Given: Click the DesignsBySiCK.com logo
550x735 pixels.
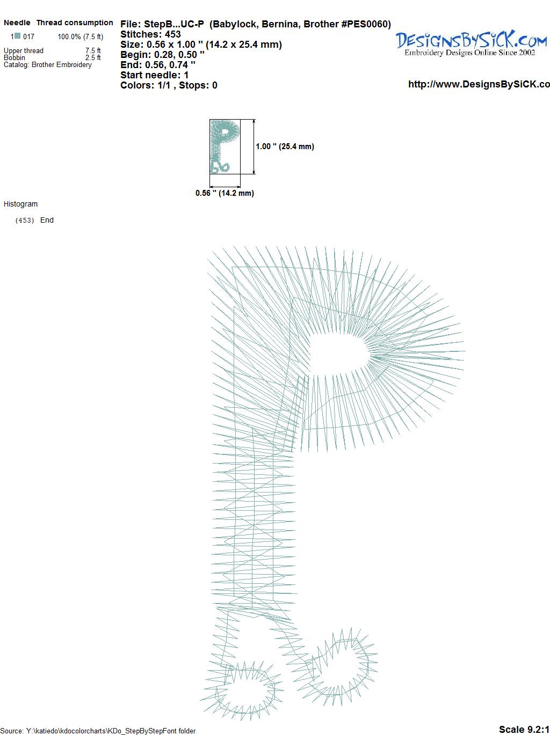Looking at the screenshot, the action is (471, 43).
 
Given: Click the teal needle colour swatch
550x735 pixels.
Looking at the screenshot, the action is (18, 35).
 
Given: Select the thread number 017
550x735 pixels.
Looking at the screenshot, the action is (28, 36).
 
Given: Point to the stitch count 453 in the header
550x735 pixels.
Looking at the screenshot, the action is (172, 34).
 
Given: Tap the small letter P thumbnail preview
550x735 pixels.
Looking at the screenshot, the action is (225, 146).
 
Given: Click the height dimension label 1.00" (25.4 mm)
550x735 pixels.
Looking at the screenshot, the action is (285, 146).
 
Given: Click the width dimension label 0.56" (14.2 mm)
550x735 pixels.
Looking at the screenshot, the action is (225, 193).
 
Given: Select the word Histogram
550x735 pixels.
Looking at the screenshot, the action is (20, 204).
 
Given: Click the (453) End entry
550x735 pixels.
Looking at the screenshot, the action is (34, 220).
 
